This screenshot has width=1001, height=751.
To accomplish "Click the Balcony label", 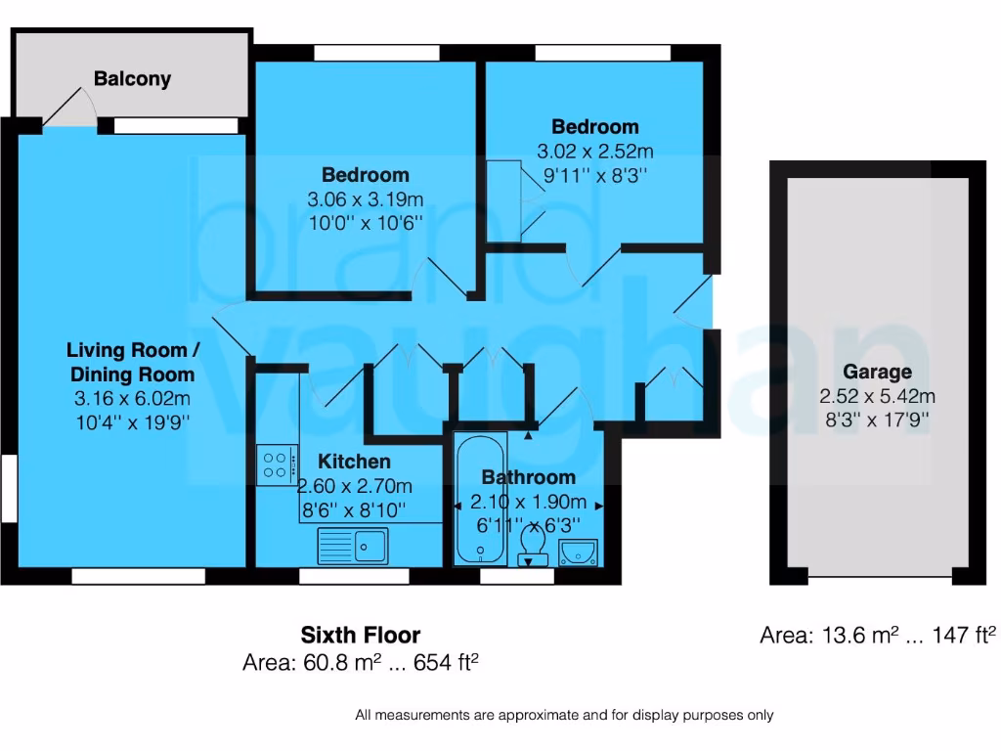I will [x=132, y=79].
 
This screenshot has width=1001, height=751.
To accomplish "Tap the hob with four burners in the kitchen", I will [x=275, y=464].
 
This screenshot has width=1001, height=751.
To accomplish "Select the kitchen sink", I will [x=353, y=546].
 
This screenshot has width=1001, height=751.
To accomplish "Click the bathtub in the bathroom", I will [x=480, y=500].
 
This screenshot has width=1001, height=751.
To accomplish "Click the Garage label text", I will [x=877, y=372].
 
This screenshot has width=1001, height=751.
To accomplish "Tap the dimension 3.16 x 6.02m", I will [x=131, y=398].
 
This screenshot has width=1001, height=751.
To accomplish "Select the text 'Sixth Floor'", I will [x=360, y=635].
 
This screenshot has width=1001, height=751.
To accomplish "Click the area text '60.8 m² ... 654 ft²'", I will [x=360, y=663].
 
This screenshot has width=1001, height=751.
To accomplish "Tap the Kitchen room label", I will [x=354, y=462].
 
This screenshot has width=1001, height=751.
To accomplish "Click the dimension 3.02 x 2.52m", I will [x=594, y=152].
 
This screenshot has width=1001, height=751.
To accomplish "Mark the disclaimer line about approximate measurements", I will [x=564, y=715].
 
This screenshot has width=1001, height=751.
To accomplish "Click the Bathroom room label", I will [x=528, y=477].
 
